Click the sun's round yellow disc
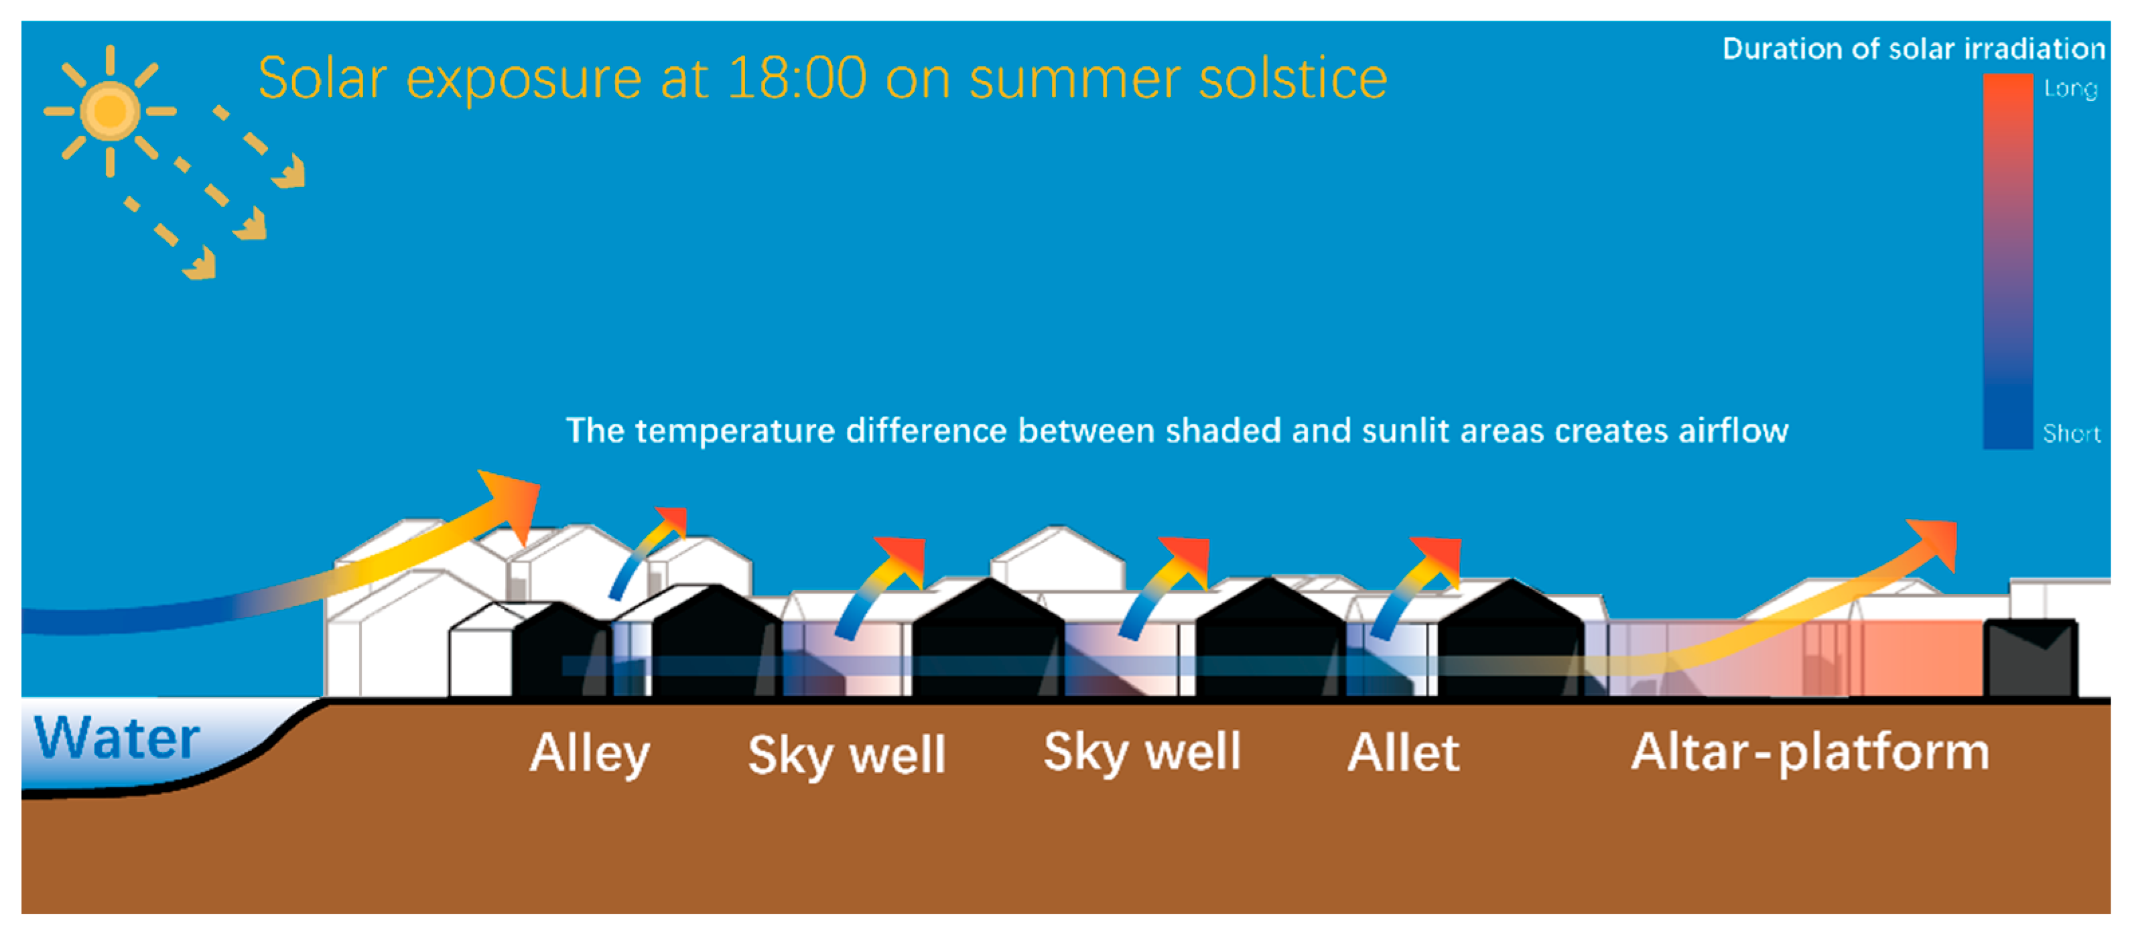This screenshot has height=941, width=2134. pos(109,110)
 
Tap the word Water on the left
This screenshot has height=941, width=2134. pos(117,737)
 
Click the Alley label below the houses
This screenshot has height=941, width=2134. pos(590,753)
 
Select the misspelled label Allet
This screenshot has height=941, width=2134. pos(1403,752)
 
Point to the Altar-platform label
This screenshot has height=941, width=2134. pos(1810,752)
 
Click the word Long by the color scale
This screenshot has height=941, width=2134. pos(2070,88)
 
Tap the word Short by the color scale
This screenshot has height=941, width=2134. pos(2071,433)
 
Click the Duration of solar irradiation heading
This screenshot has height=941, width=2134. pos(1914,49)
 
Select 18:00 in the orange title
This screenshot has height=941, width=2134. pos(797,78)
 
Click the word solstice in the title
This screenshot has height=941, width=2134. pos(1293,78)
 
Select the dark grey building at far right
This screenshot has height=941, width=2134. pos(2030,657)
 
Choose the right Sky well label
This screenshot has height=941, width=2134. pos(1142,752)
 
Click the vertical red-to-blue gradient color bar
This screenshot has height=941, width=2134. pos(2007,262)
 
